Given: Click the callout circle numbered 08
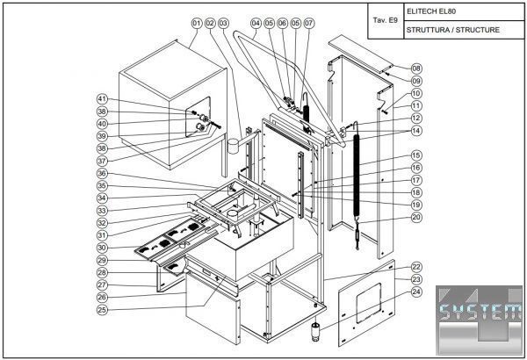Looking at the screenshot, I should pyautogui.click(x=416, y=68).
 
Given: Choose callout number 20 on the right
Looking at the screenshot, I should pyautogui.click(x=416, y=216).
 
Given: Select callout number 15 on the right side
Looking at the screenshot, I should pyautogui.click(x=416, y=155).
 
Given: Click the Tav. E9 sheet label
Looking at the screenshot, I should pyautogui.click(x=385, y=19).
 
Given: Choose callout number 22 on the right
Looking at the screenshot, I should pyautogui.click(x=416, y=266).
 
